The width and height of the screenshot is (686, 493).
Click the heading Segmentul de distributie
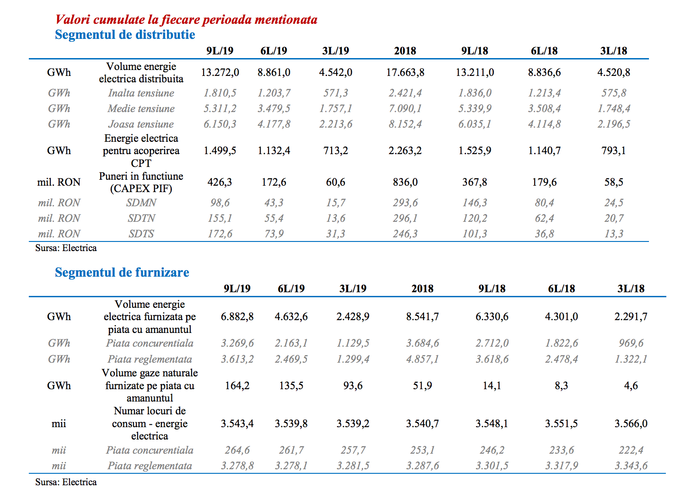[x=125, y=35]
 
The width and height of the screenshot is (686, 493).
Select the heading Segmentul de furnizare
[x=122, y=272]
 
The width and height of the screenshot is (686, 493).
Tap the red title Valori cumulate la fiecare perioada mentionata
[x=186, y=20]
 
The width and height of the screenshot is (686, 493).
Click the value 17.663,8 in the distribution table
[x=405, y=72]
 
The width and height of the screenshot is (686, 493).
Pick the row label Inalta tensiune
[x=141, y=93]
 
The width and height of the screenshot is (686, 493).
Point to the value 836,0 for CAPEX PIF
[x=405, y=182]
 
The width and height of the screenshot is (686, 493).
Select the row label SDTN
[x=141, y=218]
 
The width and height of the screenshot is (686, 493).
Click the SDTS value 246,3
[x=405, y=234]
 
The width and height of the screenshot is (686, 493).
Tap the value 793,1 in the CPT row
[x=613, y=150]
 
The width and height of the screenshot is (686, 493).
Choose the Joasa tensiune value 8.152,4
[x=405, y=124]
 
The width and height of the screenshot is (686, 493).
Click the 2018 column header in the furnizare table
[x=422, y=289]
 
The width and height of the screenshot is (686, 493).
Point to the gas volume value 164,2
[x=237, y=386]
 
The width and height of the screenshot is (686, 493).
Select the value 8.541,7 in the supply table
[x=422, y=316]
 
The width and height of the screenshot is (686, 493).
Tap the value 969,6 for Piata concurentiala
[x=631, y=343]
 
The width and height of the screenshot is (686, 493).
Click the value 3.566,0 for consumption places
[x=631, y=423]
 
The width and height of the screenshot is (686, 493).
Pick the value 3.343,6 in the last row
[x=631, y=466]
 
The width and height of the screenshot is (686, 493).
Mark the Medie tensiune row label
[x=141, y=108]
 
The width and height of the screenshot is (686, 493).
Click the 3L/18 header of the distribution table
[x=613, y=51]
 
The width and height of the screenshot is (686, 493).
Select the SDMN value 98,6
[x=220, y=203]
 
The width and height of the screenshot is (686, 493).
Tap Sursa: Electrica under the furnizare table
[x=66, y=482]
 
